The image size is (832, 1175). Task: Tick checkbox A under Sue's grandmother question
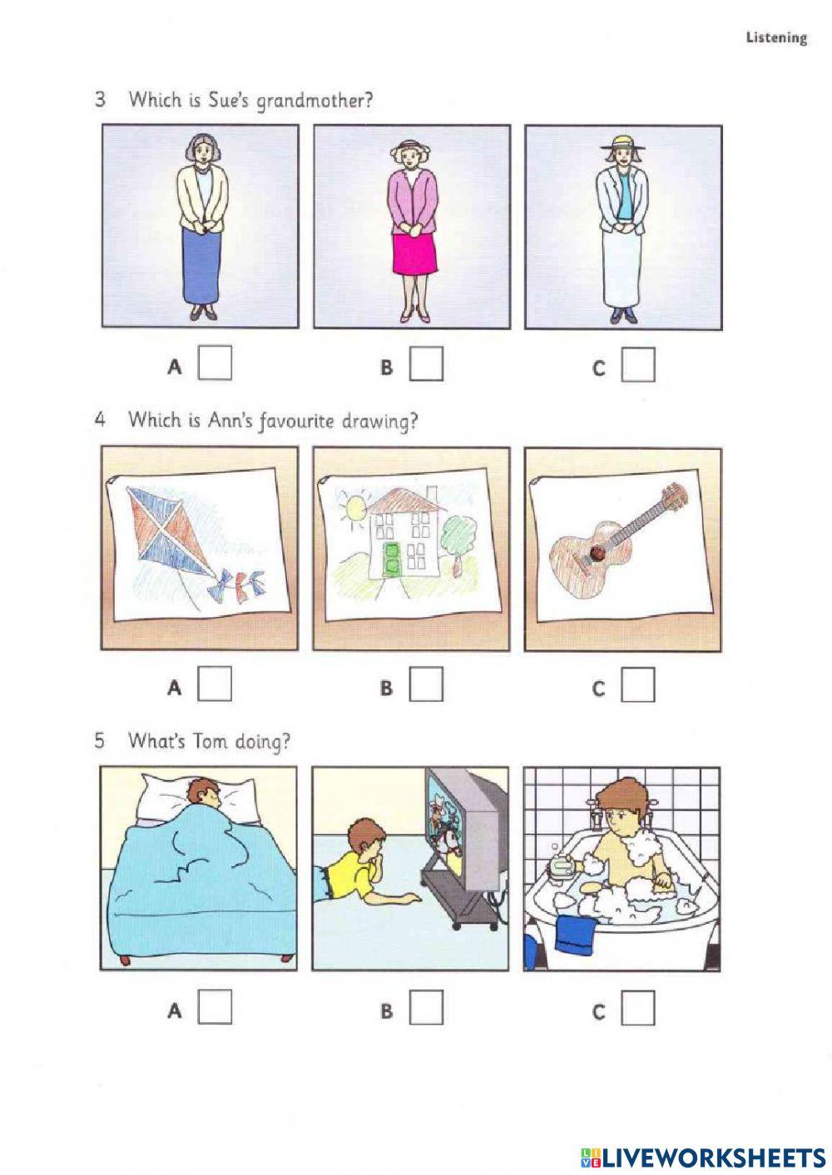[215, 363]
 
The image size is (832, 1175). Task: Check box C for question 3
[638, 364]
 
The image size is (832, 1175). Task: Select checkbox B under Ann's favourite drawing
[426, 684]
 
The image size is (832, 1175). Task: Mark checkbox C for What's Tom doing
[638, 1008]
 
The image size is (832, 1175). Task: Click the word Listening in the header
[776, 38]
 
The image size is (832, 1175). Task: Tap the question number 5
[100, 741]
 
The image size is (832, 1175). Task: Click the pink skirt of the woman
[415, 254]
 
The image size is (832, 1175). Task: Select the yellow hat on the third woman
[623, 141]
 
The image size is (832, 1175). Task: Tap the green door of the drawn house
[392, 560]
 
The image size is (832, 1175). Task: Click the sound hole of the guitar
[597, 553]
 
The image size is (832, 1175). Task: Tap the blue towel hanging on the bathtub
[577, 934]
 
